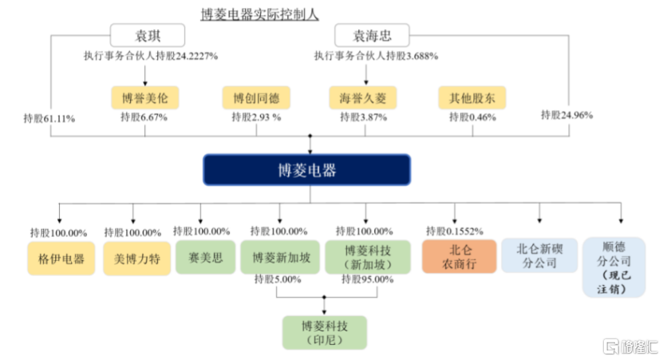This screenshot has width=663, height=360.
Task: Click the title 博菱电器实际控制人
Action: click(x=259, y=14)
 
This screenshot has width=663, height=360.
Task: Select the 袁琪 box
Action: click(x=148, y=35)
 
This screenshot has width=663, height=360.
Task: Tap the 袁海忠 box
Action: click(x=372, y=35)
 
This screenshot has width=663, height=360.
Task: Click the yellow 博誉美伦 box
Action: click(x=145, y=97)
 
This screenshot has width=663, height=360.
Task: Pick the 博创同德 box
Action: click(x=256, y=97)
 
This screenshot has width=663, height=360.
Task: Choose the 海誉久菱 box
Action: click(x=363, y=97)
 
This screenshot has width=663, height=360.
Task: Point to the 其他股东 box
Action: click(x=472, y=97)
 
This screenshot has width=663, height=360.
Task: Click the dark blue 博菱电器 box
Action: click(x=307, y=170)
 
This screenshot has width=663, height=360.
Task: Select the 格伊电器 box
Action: click(x=61, y=259)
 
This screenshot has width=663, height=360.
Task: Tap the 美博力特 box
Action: click(x=137, y=259)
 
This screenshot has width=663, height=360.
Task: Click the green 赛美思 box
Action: click(x=206, y=257)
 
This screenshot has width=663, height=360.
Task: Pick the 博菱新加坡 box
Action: click(x=280, y=257)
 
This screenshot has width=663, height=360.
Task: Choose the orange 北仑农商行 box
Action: click(x=460, y=256)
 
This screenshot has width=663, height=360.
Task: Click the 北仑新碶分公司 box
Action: click(x=539, y=255)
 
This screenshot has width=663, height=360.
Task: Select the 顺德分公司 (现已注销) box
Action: click(x=614, y=267)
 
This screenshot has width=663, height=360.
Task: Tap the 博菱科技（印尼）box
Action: click(x=324, y=333)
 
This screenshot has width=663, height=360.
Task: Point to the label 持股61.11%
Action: click(x=49, y=118)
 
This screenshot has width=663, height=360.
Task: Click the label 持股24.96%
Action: click(x=566, y=115)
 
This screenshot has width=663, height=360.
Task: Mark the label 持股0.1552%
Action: click(x=454, y=231)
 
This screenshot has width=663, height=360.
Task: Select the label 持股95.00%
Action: click(x=368, y=279)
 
